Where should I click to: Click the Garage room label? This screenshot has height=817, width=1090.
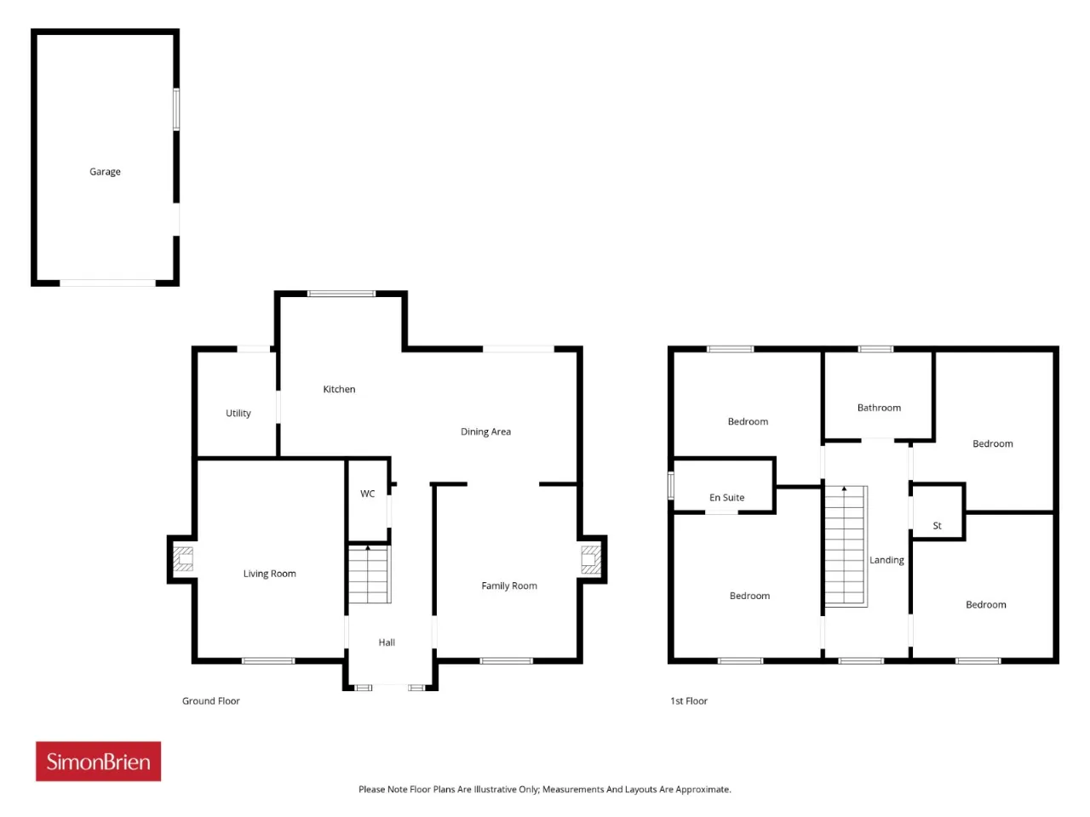(105, 172)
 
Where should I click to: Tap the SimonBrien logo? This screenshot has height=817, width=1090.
(98, 761)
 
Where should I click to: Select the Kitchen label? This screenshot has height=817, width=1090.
(339, 390)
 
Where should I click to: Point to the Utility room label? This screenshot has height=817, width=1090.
(238, 414)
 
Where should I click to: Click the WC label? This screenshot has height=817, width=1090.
(368, 494)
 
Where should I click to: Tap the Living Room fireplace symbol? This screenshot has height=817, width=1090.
(183, 559)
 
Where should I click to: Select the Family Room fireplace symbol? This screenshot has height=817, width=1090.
(591, 559)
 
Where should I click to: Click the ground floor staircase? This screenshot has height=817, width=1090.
(370, 574)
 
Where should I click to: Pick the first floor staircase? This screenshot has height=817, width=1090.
(846, 546)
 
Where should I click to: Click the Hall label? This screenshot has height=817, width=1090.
(387, 643)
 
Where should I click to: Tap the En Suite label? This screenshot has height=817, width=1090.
(727, 498)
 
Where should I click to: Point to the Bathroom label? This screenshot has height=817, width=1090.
(879, 408)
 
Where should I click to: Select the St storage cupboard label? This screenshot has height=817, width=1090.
(937, 526)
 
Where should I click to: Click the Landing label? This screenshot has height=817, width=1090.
(886, 560)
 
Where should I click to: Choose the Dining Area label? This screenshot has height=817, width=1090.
(485, 431)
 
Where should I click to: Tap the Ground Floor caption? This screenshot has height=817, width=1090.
(211, 701)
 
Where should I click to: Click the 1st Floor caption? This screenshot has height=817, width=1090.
(689, 701)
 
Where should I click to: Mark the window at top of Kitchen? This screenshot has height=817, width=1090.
(341, 294)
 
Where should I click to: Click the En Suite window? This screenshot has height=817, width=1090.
(671, 485)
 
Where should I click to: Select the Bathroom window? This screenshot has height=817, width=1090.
(875, 349)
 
